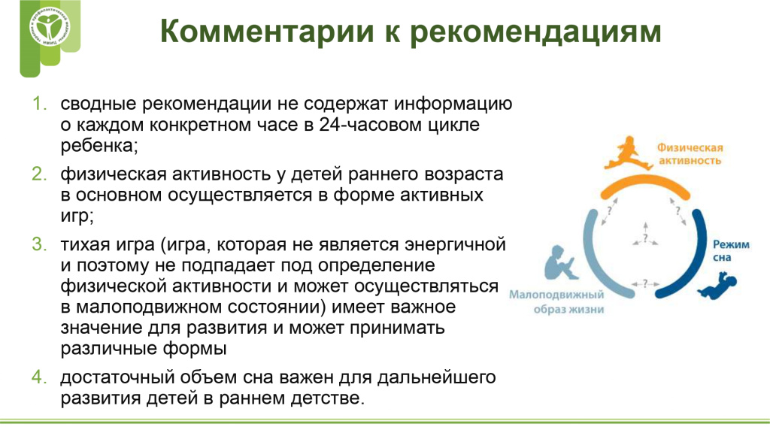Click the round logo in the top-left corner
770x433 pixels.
pos(50,28)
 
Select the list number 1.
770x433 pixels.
pos(39,104)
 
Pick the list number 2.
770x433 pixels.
pos(39,174)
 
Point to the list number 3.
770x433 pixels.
pos(39,244)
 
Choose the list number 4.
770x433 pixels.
pos(39,377)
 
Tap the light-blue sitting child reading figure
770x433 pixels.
pos(561,262)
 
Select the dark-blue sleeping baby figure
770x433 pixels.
pos(718,286)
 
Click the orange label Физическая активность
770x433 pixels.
pos(690,153)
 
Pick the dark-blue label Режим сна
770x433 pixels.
pos(731,251)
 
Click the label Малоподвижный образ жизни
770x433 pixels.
pos(556,302)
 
